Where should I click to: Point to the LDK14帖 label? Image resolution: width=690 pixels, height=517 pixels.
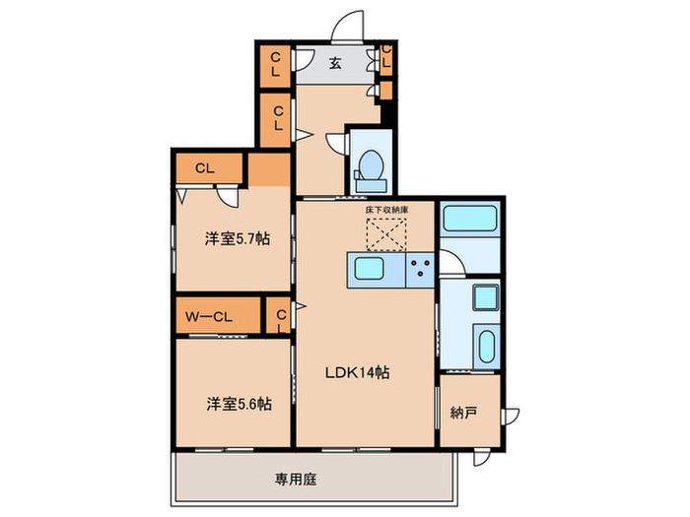point(357,373)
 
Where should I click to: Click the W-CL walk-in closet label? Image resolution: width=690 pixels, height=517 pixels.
point(208,316)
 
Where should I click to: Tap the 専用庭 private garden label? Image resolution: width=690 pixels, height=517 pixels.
point(295,480)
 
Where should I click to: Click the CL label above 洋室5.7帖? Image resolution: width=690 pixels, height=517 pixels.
point(204,167)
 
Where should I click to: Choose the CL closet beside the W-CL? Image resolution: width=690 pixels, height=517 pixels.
point(281,316)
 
